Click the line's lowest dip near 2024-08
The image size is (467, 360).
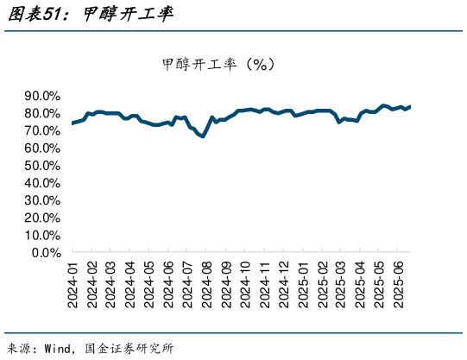[x=203, y=136]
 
